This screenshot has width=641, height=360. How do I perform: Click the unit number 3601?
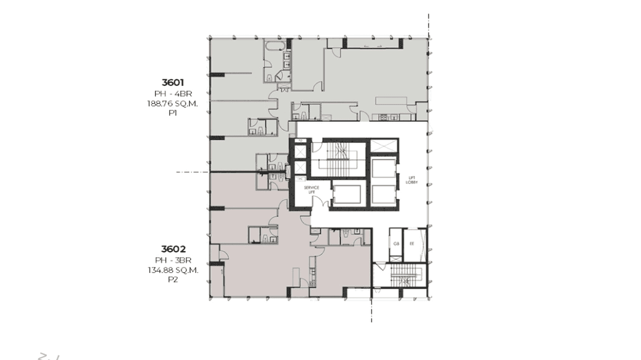coord(172,83)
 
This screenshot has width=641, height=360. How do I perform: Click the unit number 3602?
coord(173,249)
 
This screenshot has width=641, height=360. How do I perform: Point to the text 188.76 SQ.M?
coord(172,104)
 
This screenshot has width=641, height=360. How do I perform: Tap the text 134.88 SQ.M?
coord(173,270)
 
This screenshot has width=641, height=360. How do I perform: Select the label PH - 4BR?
coord(172,94)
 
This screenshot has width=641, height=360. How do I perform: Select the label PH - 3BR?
coord(173,260)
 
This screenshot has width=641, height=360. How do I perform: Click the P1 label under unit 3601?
coord(172,114)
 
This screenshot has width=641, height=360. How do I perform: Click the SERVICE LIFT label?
coord(311,190)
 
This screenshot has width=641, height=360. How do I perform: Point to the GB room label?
coord(396,244)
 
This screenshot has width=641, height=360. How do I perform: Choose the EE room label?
coord(412,244)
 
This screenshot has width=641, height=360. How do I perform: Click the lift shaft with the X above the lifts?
coord(383,146)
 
